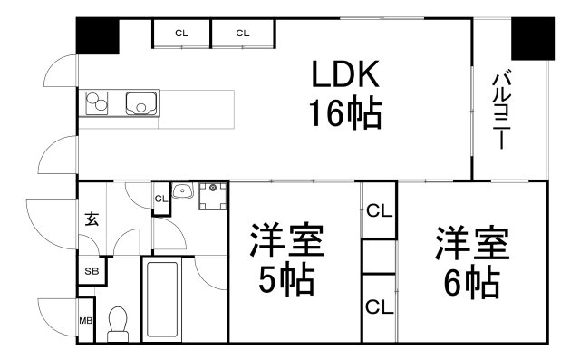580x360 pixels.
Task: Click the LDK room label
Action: [x=345, y=74]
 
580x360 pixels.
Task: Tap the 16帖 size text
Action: [x=345, y=113]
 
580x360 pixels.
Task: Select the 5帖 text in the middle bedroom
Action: [x=287, y=279]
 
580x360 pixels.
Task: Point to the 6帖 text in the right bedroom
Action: [x=472, y=283]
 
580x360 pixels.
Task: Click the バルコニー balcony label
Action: [x=501, y=109]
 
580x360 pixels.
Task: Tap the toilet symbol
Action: [x=118, y=325]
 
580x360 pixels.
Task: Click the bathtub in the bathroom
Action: [x=161, y=299]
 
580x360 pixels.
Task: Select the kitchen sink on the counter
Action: [x=141, y=103]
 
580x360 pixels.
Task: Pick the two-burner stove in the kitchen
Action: [x=97, y=102]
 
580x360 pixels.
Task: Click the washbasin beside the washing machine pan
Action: [x=182, y=190]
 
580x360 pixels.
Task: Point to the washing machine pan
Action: [x=213, y=196]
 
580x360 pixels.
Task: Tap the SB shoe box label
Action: [x=92, y=271]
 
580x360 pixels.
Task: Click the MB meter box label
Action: [x=86, y=321]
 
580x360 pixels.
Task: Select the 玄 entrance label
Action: [x=92, y=219]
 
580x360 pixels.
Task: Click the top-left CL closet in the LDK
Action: [x=181, y=34]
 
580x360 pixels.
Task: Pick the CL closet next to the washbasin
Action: [x=161, y=199]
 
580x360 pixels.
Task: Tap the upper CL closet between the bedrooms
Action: [x=379, y=211]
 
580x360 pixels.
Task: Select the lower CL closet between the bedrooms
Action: [x=379, y=307]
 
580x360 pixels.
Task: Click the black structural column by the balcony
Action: [x=533, y=38]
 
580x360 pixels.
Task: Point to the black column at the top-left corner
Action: [x=98, y=35]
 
